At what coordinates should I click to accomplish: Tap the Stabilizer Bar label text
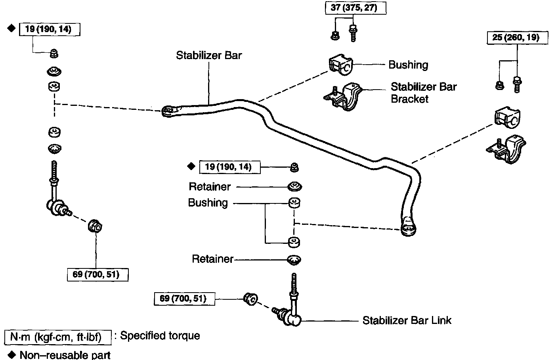coord(209,55)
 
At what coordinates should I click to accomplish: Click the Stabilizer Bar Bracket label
coord(423,92)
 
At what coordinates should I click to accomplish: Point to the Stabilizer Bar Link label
coord(407,320)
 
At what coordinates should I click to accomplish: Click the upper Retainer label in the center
coord(210,186)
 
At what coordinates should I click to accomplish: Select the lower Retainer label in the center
coord(212,259)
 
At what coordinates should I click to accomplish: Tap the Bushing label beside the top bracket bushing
coord(408,65)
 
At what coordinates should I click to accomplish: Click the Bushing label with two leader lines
coord(208,203)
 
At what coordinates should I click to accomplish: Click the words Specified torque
coord(160,335)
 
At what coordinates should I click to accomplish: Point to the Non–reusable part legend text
coord(65,354)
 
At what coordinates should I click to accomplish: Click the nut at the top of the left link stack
coord(54,53)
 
